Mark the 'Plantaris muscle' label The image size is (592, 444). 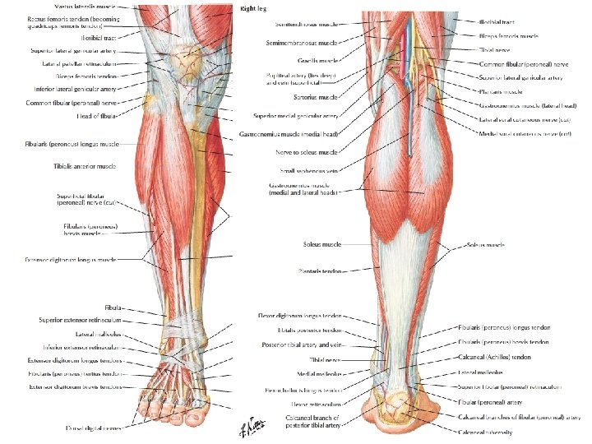tap(502, 92)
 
